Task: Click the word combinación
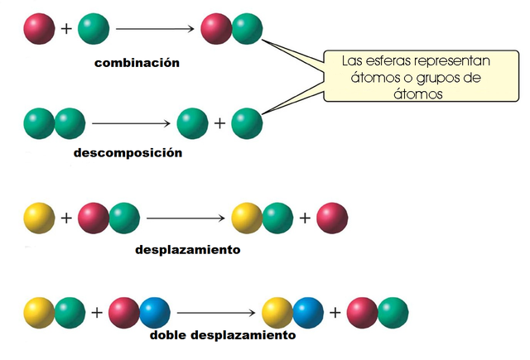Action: (x=137, y=63)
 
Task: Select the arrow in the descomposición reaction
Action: (x=132, y=124)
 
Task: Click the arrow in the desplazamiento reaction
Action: (x=185, y=218)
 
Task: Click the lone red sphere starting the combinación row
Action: (x=40, y=30)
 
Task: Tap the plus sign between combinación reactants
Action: (x=67, y=30)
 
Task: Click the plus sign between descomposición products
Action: (x=219, y=124)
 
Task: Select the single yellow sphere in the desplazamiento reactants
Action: (x=40, y=218)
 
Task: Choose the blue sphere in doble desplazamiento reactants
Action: (x=154, y=312)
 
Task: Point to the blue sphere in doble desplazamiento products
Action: (x=308, y=312)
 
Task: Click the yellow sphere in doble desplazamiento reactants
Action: (x=40, y=312)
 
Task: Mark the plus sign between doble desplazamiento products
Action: (x=336, y=312)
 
